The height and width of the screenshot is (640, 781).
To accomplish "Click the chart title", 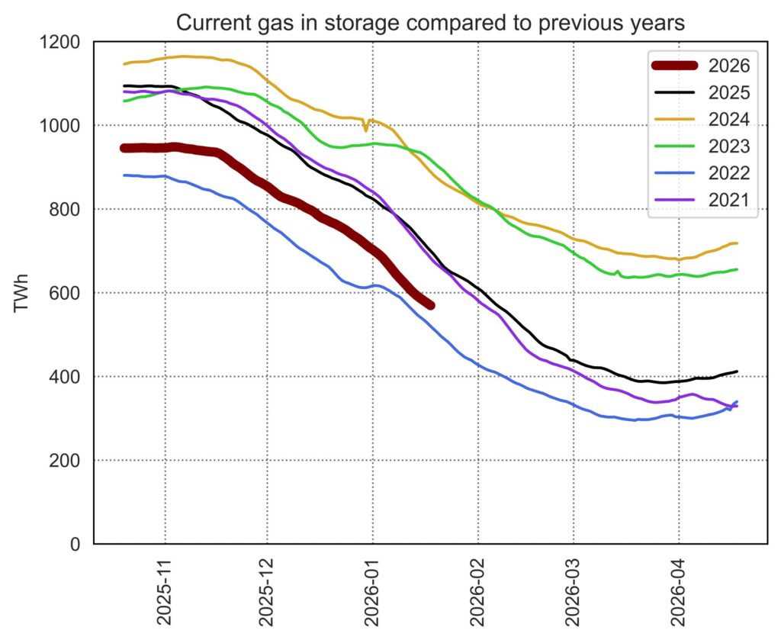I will (430, 23).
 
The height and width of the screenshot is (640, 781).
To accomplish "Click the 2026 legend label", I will (728, 66).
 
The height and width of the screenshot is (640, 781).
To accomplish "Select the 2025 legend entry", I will (728, 92).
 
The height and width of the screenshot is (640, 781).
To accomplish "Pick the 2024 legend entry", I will (728, 119).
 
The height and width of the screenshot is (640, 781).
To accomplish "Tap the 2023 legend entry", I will (728, 146).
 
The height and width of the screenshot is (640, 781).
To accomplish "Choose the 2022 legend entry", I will (728, 172).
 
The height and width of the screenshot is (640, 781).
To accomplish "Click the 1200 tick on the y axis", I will (64, 41).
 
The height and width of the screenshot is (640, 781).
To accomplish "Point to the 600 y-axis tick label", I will (69, 293).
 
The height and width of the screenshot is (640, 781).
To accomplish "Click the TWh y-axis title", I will (22, 293).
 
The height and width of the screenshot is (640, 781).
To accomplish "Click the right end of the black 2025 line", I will (737, 371).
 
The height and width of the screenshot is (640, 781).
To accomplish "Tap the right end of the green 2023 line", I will (737, 269).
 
